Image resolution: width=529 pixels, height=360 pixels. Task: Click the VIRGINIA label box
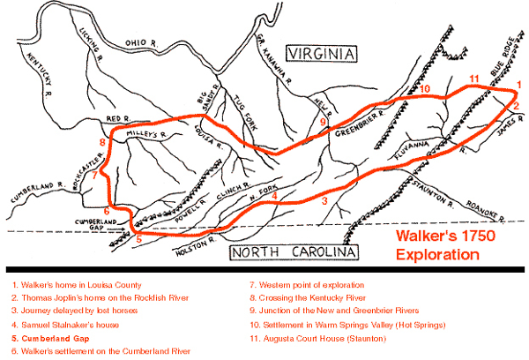coord(320,55)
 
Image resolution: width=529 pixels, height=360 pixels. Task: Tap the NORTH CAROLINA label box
coord(294,255)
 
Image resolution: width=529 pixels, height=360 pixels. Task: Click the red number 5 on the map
coord(138,237)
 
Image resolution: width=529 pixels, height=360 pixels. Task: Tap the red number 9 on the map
coord(323,122)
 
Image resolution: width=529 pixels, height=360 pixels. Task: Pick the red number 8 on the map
coord(103,141)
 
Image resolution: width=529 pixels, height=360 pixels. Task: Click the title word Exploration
coord(436,255)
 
